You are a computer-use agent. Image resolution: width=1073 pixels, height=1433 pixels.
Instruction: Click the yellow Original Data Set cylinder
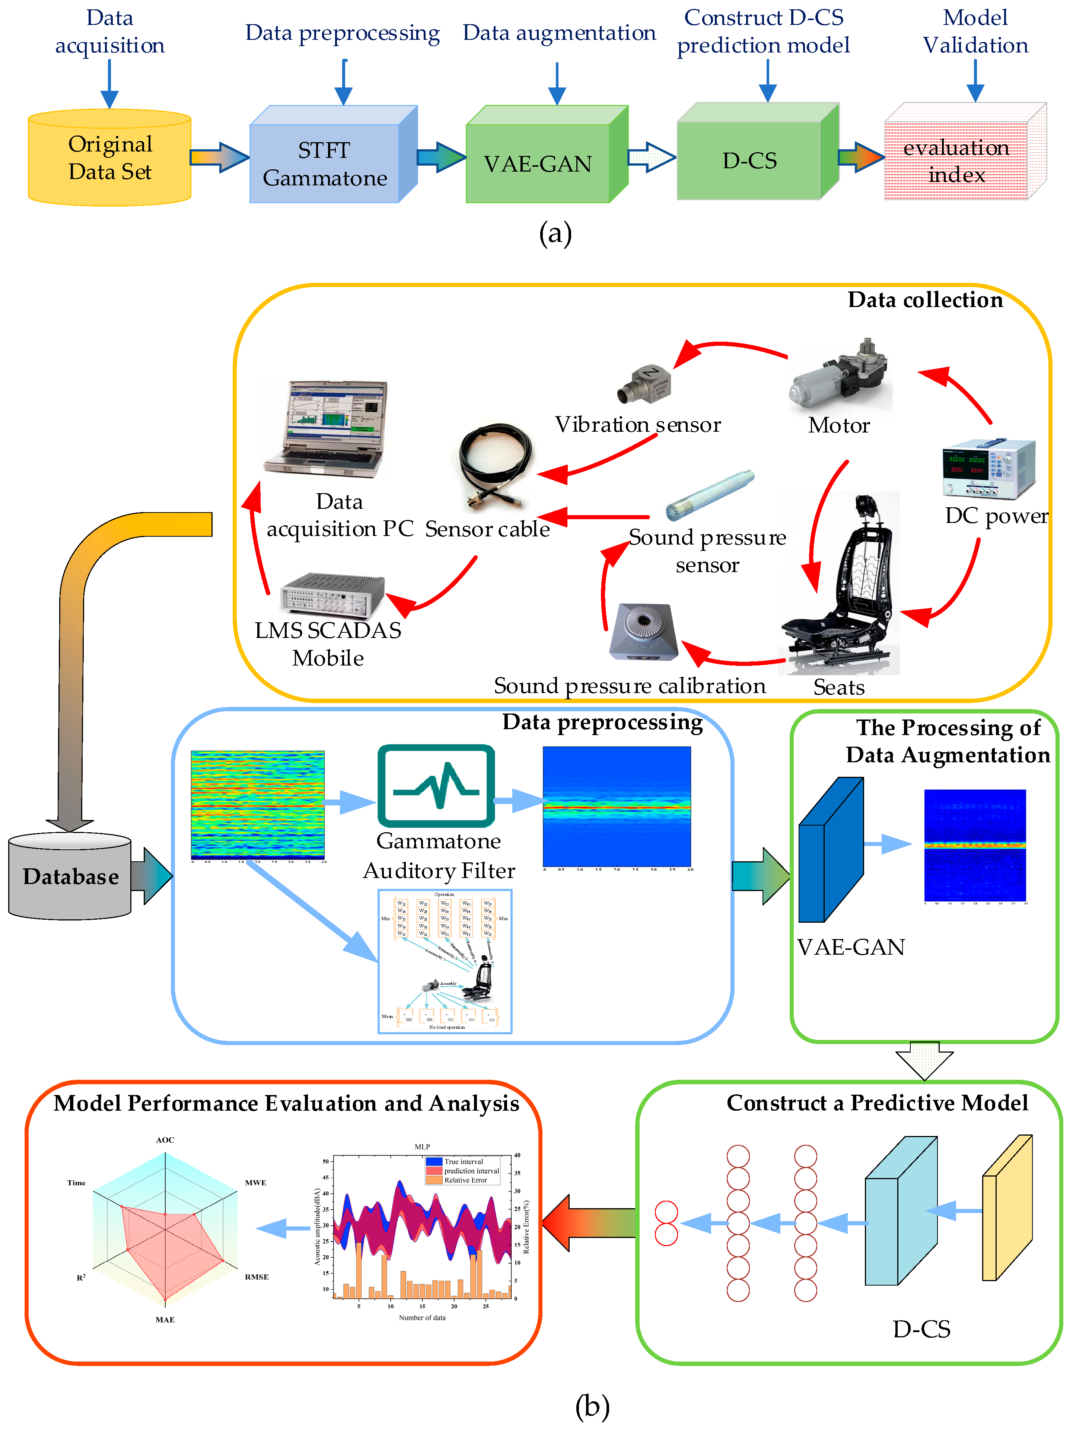point(109,157)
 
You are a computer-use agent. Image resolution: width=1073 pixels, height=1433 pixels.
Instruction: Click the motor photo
point(839,375)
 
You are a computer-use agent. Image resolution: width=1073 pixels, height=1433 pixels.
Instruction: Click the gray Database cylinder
point(70,876)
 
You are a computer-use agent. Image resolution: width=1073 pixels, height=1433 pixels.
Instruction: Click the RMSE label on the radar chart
point(257,1277)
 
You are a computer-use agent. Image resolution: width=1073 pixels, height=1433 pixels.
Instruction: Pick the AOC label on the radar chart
point(165,1140)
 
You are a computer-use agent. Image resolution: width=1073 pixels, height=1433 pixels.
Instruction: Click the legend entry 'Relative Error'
point(465,1180)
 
